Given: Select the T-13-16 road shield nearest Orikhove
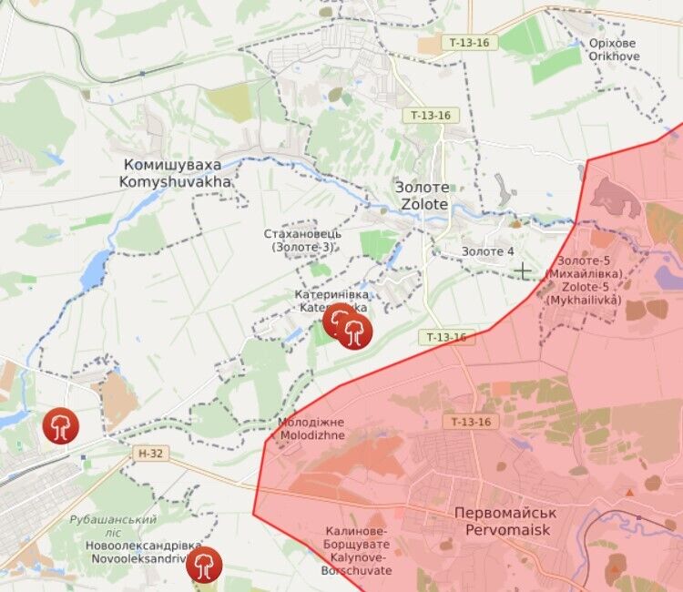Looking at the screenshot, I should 470,43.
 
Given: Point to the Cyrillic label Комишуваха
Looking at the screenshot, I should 176,166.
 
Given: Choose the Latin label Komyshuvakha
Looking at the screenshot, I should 175,181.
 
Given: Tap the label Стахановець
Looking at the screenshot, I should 303,233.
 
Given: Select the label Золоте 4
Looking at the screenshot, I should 487,251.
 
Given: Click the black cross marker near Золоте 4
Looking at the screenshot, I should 523,270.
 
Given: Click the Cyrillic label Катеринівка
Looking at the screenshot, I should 331,295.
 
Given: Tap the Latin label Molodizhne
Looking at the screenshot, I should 312,435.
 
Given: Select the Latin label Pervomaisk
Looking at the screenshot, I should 505,528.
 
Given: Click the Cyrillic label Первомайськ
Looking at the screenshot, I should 505,513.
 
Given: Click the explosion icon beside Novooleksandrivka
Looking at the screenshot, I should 204,565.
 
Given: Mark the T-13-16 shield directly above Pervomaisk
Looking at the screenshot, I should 470,422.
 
